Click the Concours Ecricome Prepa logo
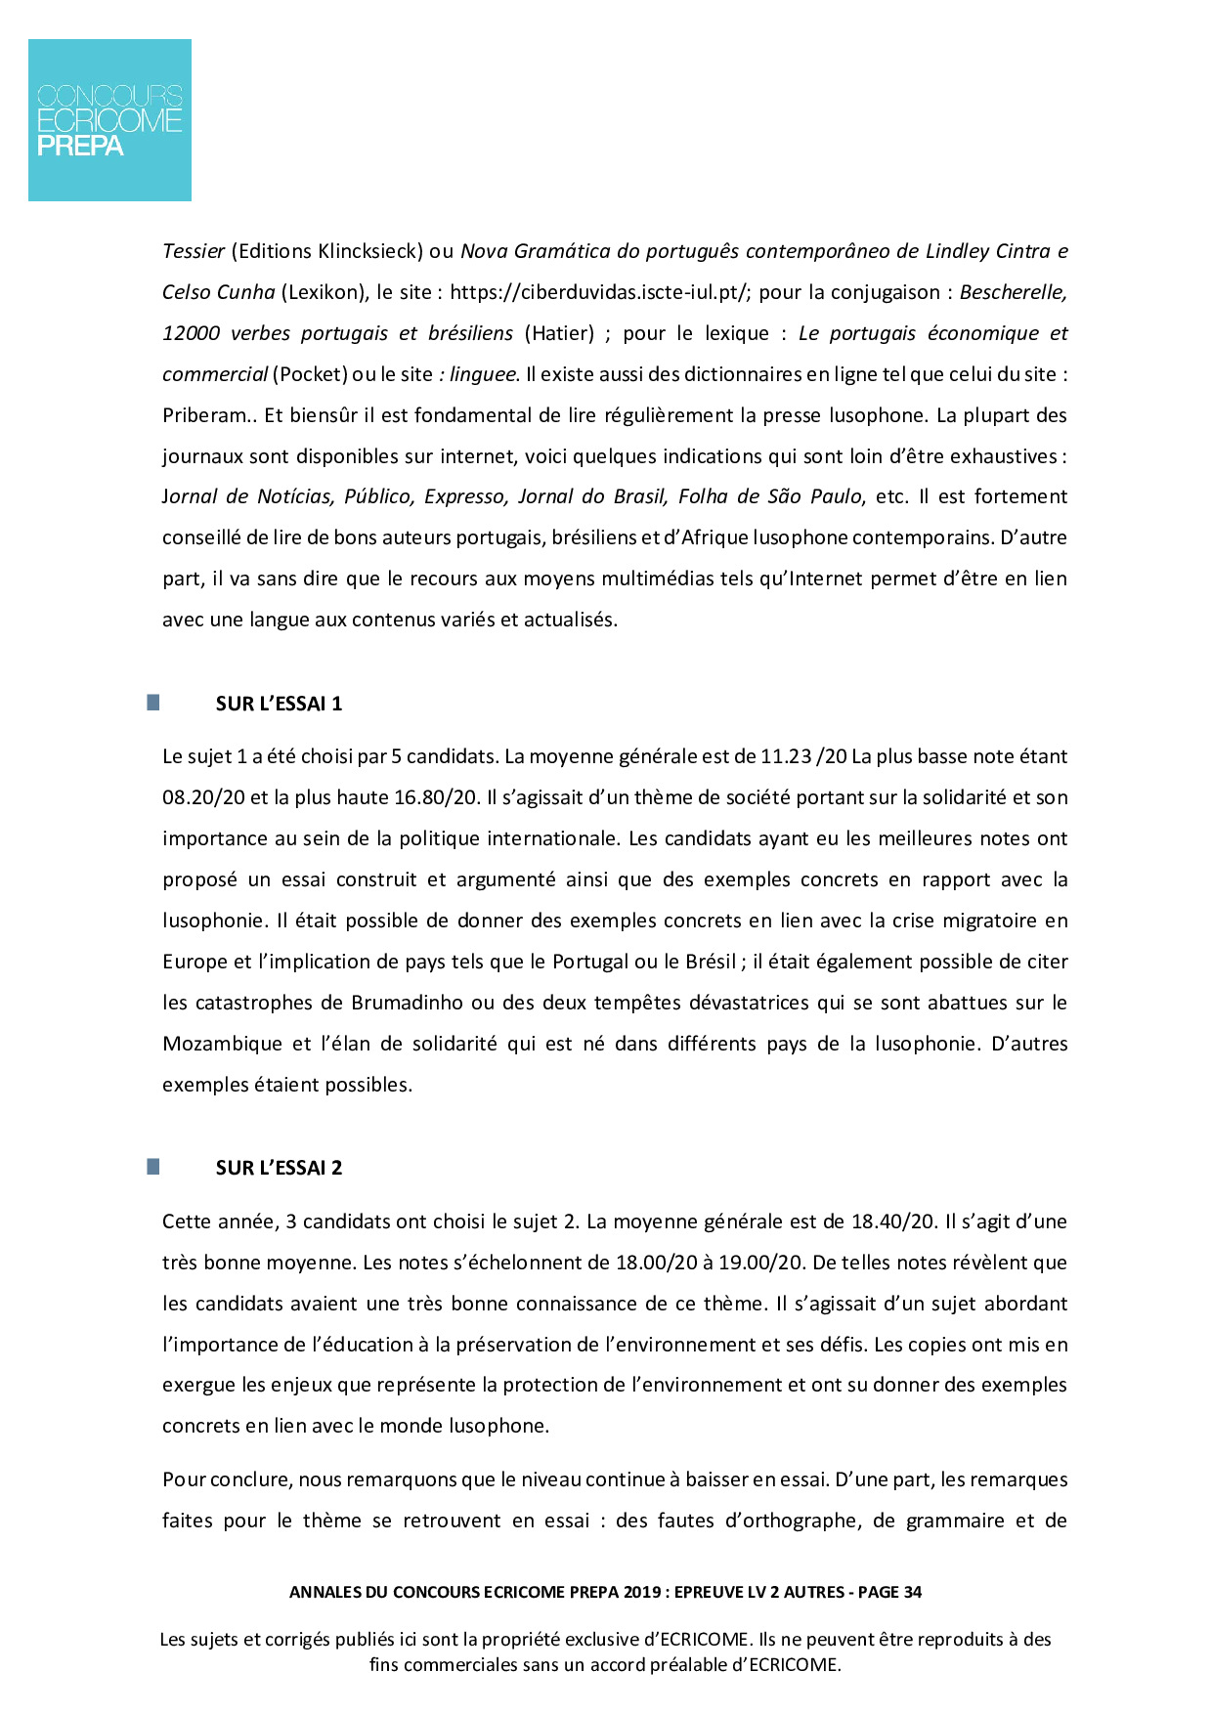[109, 120]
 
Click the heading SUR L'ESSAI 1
[279, 704]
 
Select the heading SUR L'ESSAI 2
[279, 1168]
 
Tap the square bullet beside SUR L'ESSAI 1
[153, 703]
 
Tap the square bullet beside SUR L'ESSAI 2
[153, 1167]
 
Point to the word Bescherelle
[1014, 292]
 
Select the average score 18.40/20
[892, 1221]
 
